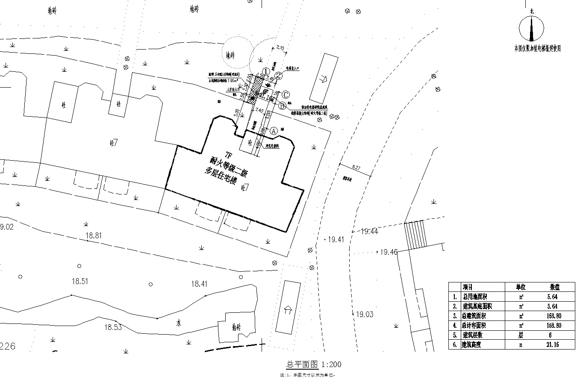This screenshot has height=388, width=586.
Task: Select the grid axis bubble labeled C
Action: click(286, 95)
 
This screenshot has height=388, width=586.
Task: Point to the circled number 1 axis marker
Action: click(266, 71)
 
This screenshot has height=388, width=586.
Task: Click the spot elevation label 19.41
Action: click(336, 240)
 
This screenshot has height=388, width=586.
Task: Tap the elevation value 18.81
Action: click(94, 235)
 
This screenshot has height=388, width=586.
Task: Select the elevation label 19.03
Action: click(364, 315)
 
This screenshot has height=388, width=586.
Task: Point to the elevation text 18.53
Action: click(113, 327)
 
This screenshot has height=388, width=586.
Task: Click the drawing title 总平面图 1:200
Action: click(313, 364)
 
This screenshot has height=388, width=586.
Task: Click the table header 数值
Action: click(555, 287)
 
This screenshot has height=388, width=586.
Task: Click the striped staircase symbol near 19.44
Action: click(415, 235)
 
